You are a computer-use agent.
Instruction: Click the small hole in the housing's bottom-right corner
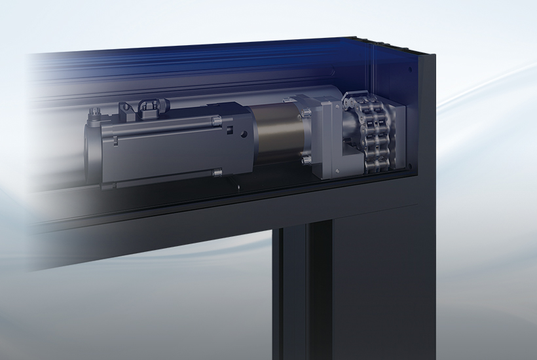pyautogui.click(x=409, y=165)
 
